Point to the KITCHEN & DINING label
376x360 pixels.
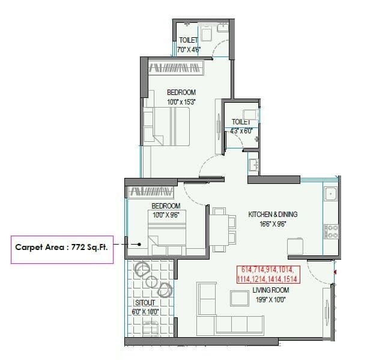coord(273,214)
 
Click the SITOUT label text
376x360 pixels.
coord(145,303)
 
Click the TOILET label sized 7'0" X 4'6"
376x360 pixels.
coord(188,40)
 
